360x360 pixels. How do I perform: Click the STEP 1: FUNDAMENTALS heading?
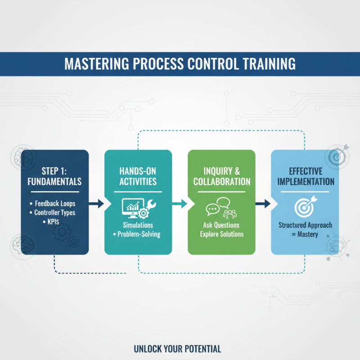point(54,177)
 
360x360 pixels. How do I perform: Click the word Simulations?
point(138,225)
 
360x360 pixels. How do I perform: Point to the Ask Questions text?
point(221,225)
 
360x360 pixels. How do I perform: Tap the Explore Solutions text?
point(221,234)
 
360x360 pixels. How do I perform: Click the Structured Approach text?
point(305,225)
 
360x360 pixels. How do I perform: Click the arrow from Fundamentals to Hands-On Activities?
point(96,204)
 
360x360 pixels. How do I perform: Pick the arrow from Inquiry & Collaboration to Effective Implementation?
point(263,204)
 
